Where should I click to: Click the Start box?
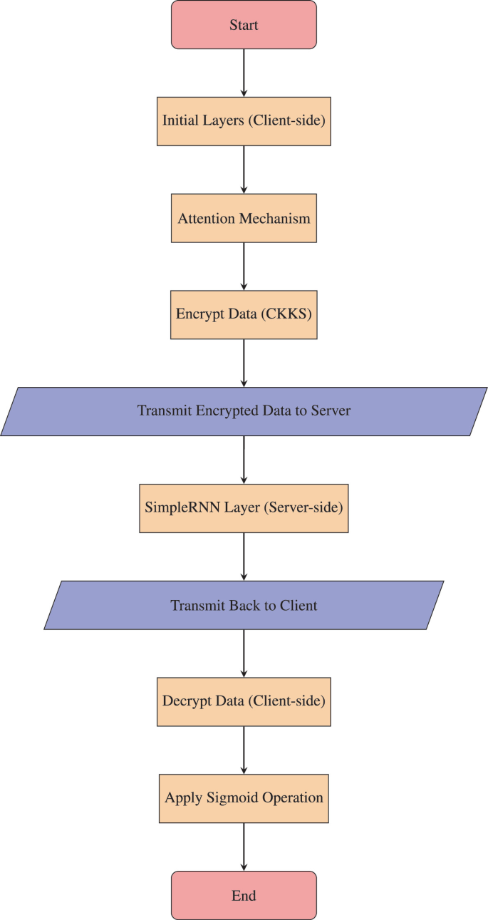click(x=244, y=25)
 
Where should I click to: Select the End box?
click(x=244, y=895)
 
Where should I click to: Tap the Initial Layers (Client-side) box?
click(x=244, y=121)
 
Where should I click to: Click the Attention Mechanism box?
click(x=244, y=218)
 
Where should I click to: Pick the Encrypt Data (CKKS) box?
click(x=244, y=315)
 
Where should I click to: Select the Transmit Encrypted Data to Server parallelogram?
click(x=244, y=411)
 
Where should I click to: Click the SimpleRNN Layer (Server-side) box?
click(x=244, y=508)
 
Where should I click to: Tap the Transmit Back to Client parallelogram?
click(x=244, y=605)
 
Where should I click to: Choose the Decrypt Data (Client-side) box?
click(x=244, y=701)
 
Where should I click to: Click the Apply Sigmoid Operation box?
click(x=244, y=798)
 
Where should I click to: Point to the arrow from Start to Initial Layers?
click(x=244, y=73)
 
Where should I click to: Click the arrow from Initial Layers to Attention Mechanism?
click(x=244, y=170)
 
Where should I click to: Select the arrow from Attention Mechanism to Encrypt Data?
click(x=244, y=267)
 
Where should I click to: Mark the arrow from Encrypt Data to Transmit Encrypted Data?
click(x=244, y=363)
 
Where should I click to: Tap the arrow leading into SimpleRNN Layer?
click(x=244, y=460)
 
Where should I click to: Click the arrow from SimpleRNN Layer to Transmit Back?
click(x=244, y=557)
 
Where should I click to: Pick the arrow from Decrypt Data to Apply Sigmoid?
click(x=244, y=750)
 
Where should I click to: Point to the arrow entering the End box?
click(x=244, y=847)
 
